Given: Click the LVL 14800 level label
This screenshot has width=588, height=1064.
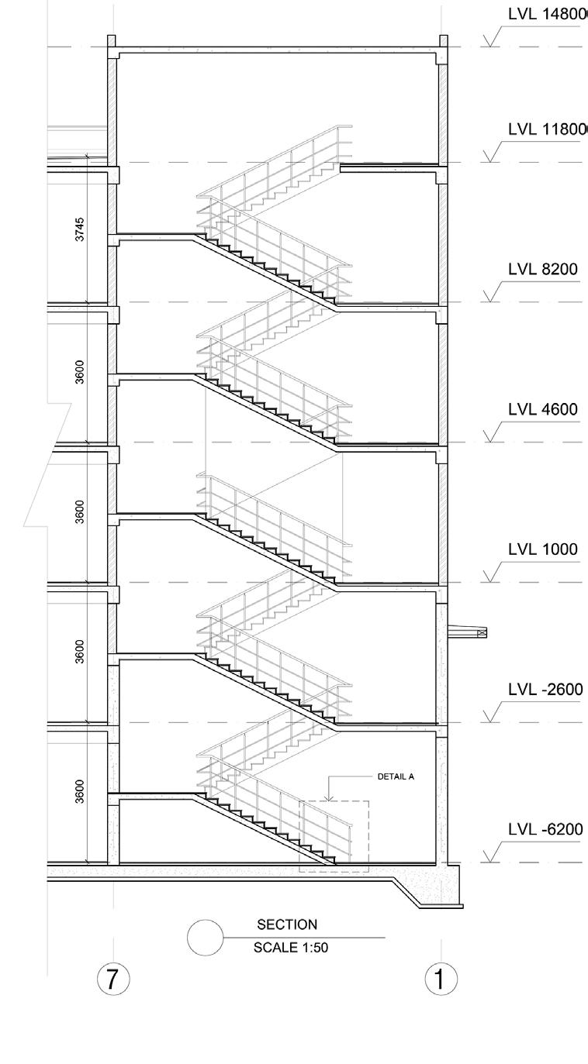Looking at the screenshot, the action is [545, 15].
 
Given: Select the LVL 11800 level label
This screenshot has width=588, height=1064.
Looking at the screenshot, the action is [546, 129].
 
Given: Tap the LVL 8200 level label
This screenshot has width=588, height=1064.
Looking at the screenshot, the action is [542, 269].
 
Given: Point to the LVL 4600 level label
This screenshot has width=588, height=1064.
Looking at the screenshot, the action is [542, 409].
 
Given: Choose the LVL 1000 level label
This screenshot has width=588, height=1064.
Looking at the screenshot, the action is [542, 549].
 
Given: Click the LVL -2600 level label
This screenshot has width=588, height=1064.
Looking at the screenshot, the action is [545, 690].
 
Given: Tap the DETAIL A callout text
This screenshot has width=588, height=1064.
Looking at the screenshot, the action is [396, 776].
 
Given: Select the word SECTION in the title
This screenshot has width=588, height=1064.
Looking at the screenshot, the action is [287, 925].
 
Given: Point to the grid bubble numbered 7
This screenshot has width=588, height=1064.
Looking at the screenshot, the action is [112, 979].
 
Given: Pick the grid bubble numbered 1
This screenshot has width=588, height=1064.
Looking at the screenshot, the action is [441, 979].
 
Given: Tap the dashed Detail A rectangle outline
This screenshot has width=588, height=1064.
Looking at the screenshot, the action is [368, 837].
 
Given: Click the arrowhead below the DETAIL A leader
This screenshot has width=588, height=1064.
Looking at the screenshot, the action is [330, 797].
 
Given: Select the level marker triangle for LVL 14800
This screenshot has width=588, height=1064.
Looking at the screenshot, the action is [490, 40].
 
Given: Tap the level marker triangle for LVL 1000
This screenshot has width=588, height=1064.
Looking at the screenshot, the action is [490, 575].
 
